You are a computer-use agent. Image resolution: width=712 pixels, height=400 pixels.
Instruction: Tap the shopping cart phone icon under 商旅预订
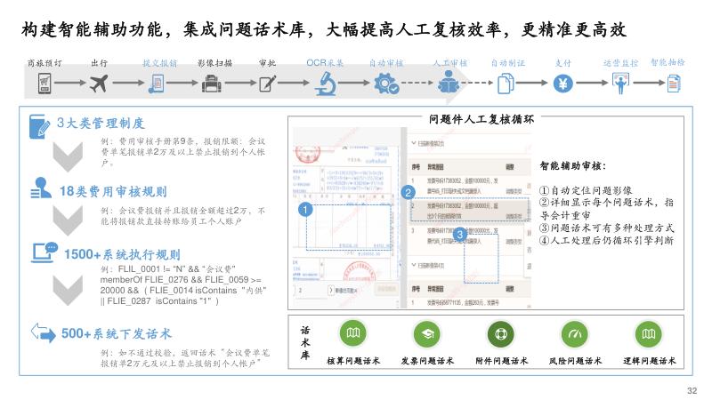coord(44,84)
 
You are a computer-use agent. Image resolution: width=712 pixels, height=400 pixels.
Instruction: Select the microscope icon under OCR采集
coord(324,84)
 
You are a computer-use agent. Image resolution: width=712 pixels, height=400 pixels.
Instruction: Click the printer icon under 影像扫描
coord(213,84)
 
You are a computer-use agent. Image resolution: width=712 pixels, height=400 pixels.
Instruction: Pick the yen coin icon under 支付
coord(562,84)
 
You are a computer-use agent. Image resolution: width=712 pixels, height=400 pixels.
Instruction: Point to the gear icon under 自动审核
coord(386,84)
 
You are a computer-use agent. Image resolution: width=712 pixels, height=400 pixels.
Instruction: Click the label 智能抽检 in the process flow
coord(667,63)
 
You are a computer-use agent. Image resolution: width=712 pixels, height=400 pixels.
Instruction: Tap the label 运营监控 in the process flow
coord(619,64)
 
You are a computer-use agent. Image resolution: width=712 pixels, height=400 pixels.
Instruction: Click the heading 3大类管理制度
coord(100,124)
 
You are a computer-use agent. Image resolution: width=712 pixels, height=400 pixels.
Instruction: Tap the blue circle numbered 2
coord(408,192)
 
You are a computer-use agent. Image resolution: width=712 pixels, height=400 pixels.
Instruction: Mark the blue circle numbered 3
coord(459,234)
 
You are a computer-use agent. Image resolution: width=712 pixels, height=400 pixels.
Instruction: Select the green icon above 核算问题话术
coord(353,333)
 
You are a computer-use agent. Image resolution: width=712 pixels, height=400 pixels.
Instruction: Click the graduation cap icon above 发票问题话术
coord(427,333)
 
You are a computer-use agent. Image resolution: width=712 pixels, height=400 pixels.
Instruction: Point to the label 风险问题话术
coord(573,361)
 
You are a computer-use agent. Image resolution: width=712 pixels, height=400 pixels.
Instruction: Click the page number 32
coord(692,389)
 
